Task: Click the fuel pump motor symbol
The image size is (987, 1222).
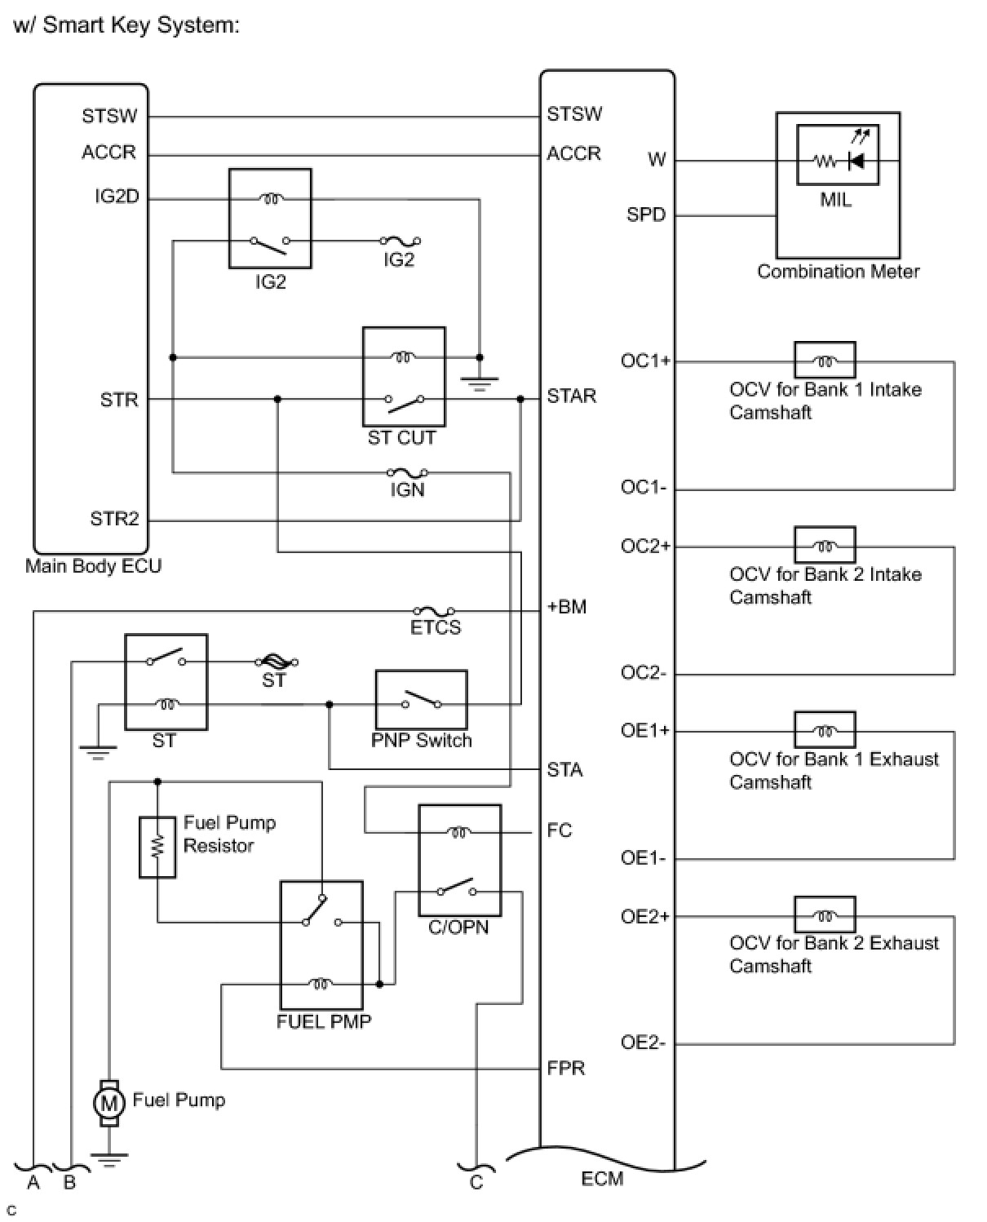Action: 108,1104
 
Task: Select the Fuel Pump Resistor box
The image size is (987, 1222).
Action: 157,847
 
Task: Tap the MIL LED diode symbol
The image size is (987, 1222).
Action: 856,161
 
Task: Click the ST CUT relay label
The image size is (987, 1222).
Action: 401,438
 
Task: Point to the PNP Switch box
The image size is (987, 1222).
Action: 421,700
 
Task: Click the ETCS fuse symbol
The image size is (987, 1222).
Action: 434,611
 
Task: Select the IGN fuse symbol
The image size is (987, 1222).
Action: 407,472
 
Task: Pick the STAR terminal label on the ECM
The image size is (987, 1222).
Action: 571,396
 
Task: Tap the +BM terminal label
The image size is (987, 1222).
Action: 566,607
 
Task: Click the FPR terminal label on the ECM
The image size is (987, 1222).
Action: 565,1068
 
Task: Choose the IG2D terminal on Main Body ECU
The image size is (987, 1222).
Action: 116,197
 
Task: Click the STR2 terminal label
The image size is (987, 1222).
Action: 114,519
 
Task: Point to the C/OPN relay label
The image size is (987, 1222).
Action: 458,928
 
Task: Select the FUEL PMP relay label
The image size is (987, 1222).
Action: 324,1021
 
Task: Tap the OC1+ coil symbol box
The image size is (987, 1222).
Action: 825,361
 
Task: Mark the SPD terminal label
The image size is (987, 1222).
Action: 646,215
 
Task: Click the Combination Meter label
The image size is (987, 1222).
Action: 838,272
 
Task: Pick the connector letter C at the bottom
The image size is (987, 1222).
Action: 476,1182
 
